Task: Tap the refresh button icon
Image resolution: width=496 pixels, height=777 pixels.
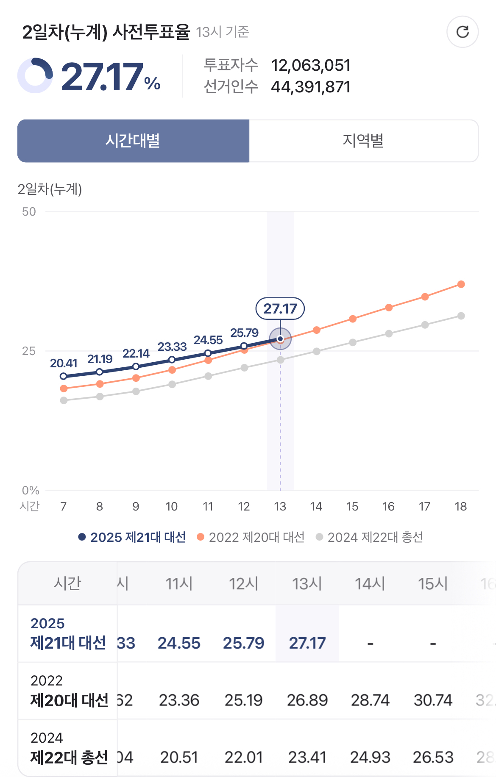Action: [x=463, y=32]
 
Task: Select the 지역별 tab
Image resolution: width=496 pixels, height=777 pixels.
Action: [x=363, y=141]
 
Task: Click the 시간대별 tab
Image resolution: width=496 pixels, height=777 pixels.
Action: [x=133, y=141]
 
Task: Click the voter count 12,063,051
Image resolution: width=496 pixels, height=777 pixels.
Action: [x=311, y=65]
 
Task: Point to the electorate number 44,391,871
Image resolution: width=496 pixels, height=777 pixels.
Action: [x=311, y=87]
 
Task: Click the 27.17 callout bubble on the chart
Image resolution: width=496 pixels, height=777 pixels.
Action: [x=280, y=308]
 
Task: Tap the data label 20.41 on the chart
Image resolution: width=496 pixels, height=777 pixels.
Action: [x=64, y=363]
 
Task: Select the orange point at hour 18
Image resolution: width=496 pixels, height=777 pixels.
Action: [x=461, y=284]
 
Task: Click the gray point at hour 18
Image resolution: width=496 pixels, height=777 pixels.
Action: [x=461, y=316]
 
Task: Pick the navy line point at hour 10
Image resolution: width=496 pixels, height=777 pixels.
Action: [x=172, y=360]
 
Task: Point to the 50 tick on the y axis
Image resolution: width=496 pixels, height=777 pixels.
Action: [x=29, y=212]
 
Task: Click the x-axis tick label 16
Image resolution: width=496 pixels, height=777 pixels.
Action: [x=388, y=506]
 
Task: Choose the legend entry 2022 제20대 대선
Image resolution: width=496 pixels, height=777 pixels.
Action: [x=251, y=537]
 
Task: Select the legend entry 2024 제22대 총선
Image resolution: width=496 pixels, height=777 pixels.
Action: [x=370, y=537]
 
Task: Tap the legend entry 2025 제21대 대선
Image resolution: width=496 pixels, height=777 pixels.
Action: [x=132, y=537]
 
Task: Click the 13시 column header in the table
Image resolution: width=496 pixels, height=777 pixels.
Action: [x=307, y=584]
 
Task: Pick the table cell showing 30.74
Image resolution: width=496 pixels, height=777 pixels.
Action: [x=433, y=700]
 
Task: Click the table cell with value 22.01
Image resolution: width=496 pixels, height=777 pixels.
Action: [x=243, y=757]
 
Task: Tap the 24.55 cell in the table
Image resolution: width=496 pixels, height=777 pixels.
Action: [x=179, y=643]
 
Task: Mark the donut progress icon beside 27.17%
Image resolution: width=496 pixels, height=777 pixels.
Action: [x=35, y=75]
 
